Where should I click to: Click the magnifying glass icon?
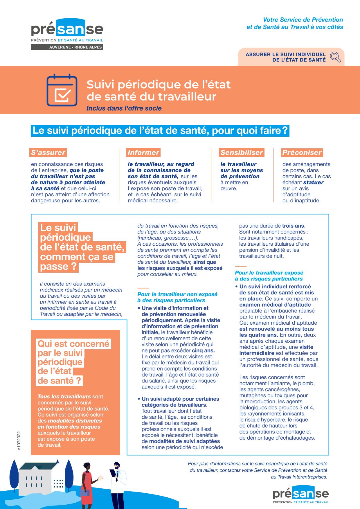pyautogui.click(x=335, y=57)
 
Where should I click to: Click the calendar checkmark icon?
pyautogui.click(x=62, y=90)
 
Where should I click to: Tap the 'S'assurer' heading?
pyautogui.click(x=48, y=152)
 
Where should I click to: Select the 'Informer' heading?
pyautogui.click(x=143, y=152)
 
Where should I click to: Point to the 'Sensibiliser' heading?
pyautogui.click(x=242, y=152)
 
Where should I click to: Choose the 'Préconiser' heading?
pyautogui.click(x=302, y=152)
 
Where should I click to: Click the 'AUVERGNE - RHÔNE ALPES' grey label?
pyautogui.click(x=67, y=47)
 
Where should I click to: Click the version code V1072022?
pyautogui.click(x=19, y=441)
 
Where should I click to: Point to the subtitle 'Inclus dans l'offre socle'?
pyautogui.click(x=124, y=108)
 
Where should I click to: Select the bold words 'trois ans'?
pyautogui.click(x=293, y=226)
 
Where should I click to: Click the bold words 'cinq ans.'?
pyautogui.click(x=203, y=350)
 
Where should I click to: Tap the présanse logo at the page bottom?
pyautogui.click(x=300, y=494)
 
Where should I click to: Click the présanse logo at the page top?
pyautogui.click(x=67, y=29)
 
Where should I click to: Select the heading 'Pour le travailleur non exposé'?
pyautogui.click(x=177, y=294)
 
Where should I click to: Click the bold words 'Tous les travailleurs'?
pyautogui.click(x=64, y=396)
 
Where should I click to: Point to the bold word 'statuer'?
pyautogui.click(x=314, y=182)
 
